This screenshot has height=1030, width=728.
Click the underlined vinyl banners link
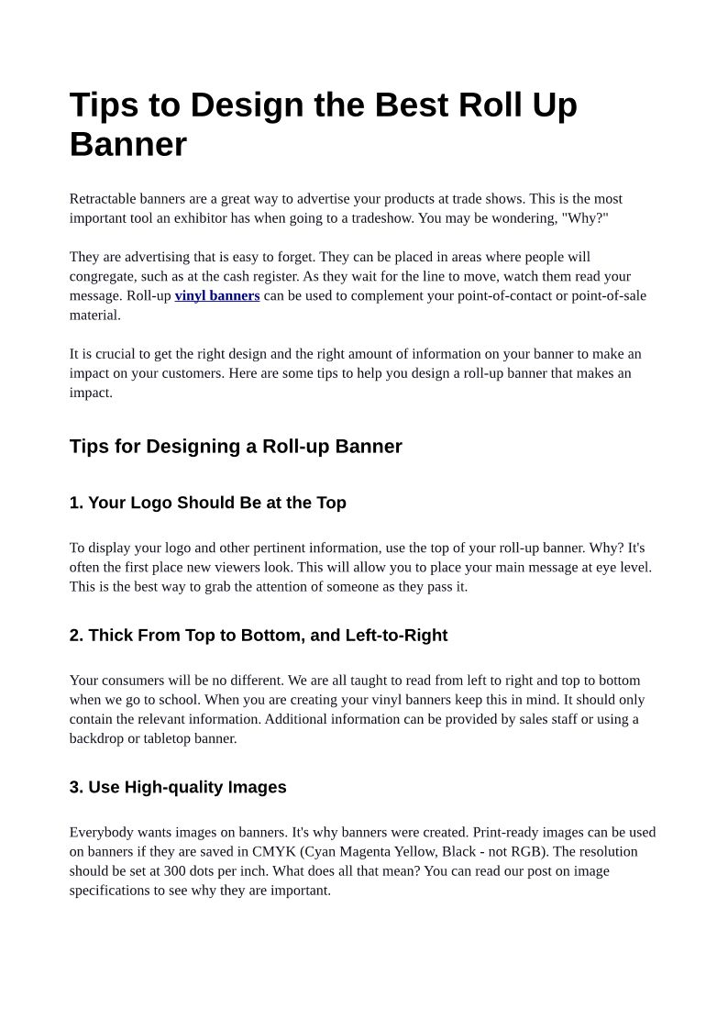click(x=217, y=295)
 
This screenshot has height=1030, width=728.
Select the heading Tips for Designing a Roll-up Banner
click(x=236, y=447)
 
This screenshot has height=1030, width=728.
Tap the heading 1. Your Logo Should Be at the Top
click(x=207, y=503)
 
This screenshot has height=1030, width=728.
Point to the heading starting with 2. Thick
click(x=258, y=636)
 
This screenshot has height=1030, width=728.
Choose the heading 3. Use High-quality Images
click(x=178, y=787)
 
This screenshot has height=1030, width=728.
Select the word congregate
click(x=103, y=276)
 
